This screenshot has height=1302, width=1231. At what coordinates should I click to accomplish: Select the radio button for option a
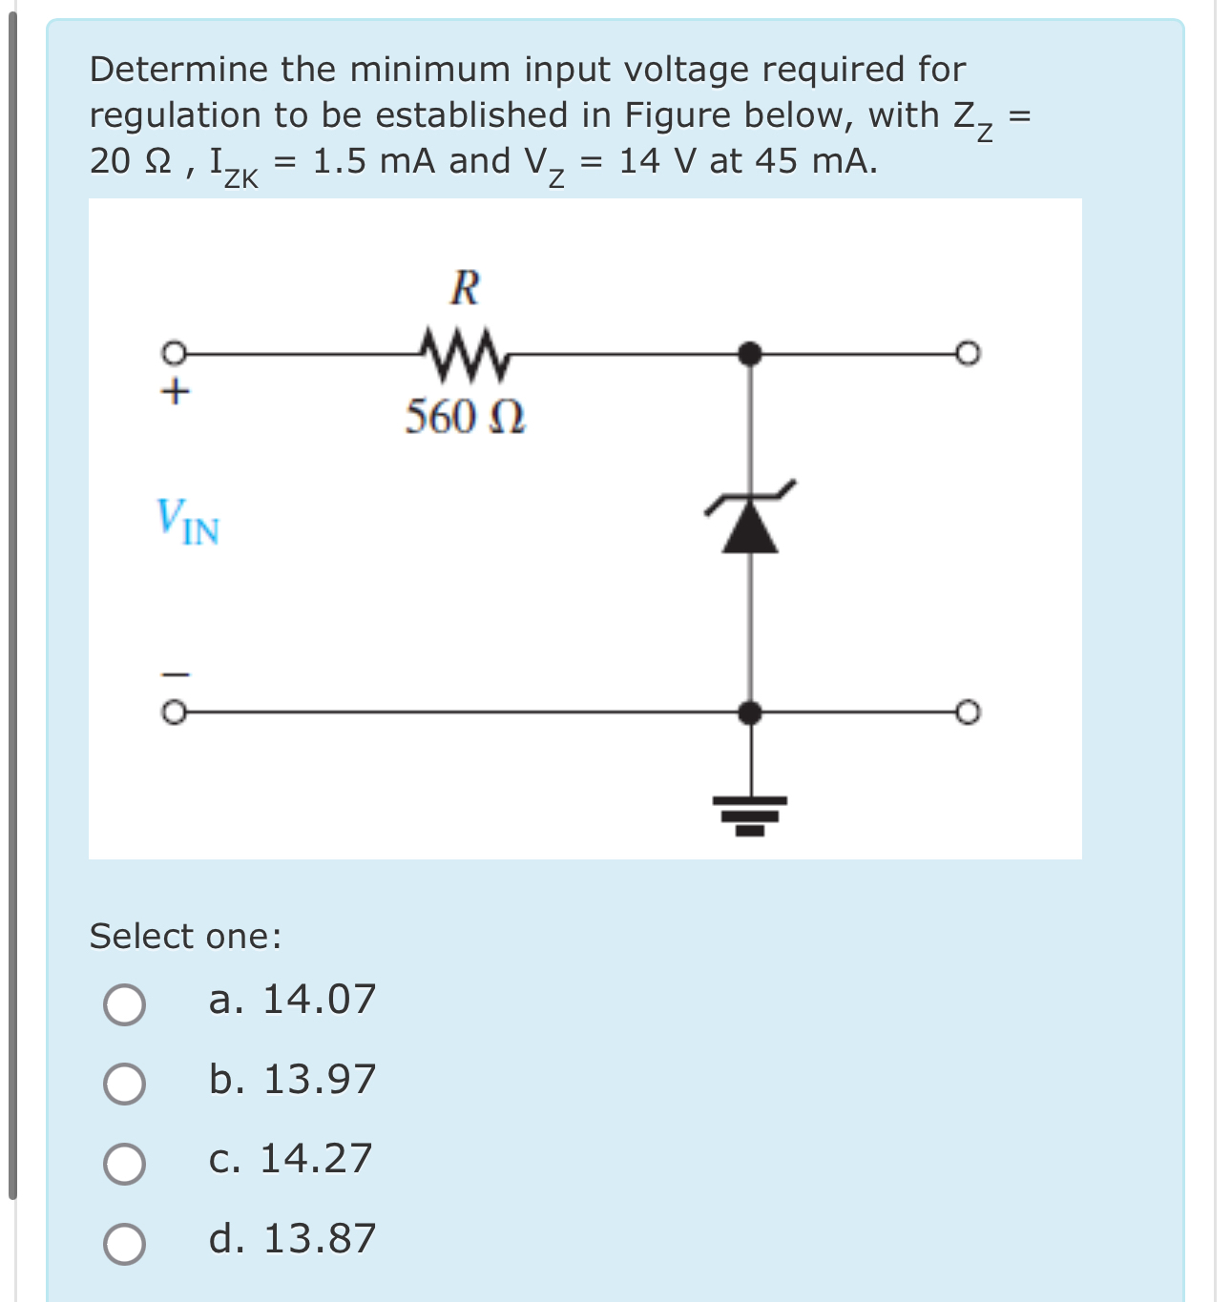coord(125,1004)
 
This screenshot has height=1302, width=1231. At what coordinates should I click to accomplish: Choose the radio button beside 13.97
coord(125,1084)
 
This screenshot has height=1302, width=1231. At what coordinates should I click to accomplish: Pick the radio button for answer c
coord(125,1164)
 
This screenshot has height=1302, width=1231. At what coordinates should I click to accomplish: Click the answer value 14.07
coord(319,1000)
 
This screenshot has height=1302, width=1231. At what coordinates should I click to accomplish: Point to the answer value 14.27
coord(316,1159)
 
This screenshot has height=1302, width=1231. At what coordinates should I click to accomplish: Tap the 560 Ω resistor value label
coord(465,417)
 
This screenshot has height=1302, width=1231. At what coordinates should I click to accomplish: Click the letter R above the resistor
coord(465,287)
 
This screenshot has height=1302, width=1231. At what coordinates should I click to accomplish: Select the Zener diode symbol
coord(750,520)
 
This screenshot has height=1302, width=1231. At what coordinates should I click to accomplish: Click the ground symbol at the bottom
coord(750,814)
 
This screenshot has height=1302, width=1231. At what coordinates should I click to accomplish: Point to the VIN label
coord(188,522)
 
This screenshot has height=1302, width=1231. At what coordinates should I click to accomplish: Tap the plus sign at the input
coord(175,391)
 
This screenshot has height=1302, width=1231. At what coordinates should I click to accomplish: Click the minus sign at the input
coord(175,674)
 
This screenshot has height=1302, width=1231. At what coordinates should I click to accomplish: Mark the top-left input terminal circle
coord(173,353)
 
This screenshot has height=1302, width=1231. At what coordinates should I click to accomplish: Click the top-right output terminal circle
coord(968,354)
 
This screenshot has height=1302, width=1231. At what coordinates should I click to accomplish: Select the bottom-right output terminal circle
coord(968,713)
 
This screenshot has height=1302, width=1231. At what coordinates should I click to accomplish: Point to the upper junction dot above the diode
coord(750,354)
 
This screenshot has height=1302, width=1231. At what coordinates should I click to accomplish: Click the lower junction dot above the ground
coord(750,713)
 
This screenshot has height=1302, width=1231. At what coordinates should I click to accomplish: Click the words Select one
coord(185,937)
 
